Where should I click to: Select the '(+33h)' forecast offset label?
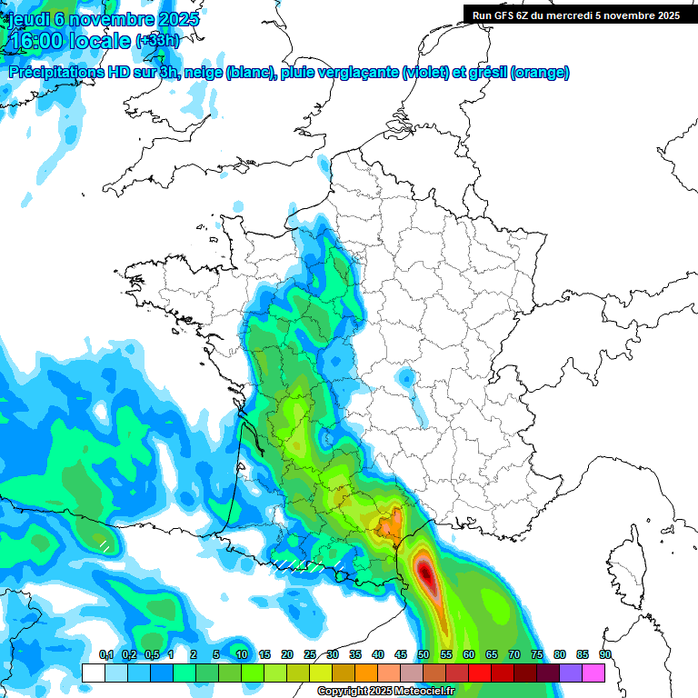point(158,41)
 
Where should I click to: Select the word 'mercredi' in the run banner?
point(575,15)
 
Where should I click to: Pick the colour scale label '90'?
point(604,654)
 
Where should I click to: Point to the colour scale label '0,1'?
point(105,654)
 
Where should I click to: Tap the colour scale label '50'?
point(424,654)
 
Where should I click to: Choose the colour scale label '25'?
point(310,654)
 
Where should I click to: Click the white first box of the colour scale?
point(93,673)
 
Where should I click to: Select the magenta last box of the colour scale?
point(593,673)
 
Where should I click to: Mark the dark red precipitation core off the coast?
point(425,573)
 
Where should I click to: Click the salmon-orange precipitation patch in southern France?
point(390,524)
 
